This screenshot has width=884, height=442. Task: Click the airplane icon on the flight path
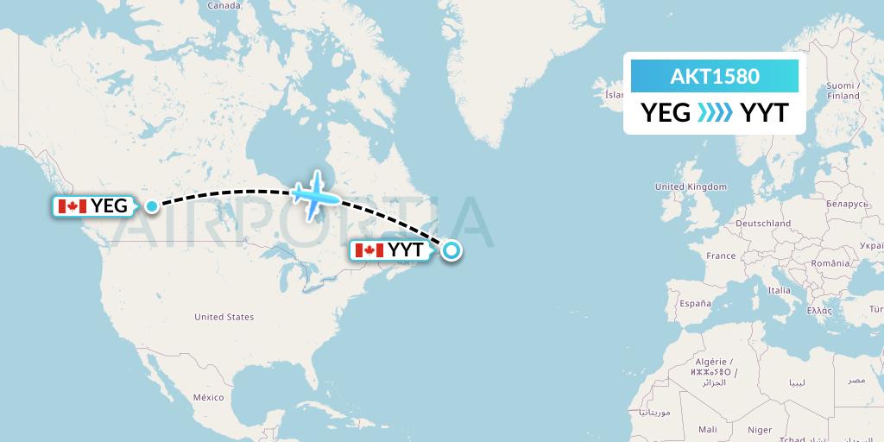tap(316, 193)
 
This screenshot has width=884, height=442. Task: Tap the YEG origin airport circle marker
tap(152, 205)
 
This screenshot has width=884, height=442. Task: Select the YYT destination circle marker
tap(451, 251)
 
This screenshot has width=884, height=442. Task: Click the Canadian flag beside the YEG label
tap(70, 205)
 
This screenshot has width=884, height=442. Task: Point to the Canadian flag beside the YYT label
tap(369, 250)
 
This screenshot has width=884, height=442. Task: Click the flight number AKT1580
tap(715, 76)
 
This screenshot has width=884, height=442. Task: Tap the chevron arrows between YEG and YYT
tap(715, 112)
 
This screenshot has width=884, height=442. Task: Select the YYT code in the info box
tap(764, 112)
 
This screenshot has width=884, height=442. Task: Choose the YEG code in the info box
tap(665, 112)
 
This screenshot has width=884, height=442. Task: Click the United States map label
tap(224, 317)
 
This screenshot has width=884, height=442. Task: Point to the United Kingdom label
tap(691, 186)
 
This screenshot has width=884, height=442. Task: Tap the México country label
tap(208, 397)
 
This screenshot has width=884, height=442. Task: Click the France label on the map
tap(720, 256)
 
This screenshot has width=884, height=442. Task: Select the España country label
tap(694, 304)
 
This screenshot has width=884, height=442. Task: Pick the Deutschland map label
tap(763, 223)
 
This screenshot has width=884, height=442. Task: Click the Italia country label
tap(779, 290)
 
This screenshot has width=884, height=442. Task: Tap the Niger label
tap(760, 429)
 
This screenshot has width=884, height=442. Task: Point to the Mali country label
tap(708, 429)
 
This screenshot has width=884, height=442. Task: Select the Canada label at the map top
tap(223, 5)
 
